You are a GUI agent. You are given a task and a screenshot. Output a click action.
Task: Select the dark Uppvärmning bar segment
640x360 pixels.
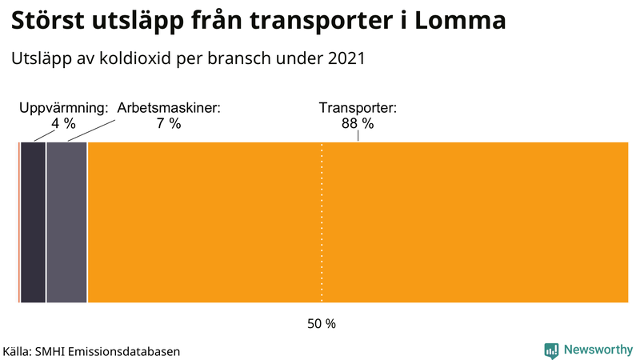tap(33, 222)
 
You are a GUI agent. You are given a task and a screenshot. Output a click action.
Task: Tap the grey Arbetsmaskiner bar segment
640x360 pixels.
tap(66, 222)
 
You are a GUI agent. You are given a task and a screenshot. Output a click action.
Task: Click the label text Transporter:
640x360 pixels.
tap(358, 107)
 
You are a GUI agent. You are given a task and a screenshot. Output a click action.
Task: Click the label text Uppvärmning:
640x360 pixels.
tap(63, 107)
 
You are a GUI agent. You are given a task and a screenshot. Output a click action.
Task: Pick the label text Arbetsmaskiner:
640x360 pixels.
tap(169, 107)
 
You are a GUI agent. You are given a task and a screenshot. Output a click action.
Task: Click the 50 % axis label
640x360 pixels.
tap(322, 324)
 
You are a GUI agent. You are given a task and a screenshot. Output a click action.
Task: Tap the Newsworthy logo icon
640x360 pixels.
tap(551, 350)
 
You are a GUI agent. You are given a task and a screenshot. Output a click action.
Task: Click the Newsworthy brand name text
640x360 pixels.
tap(598, 350)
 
